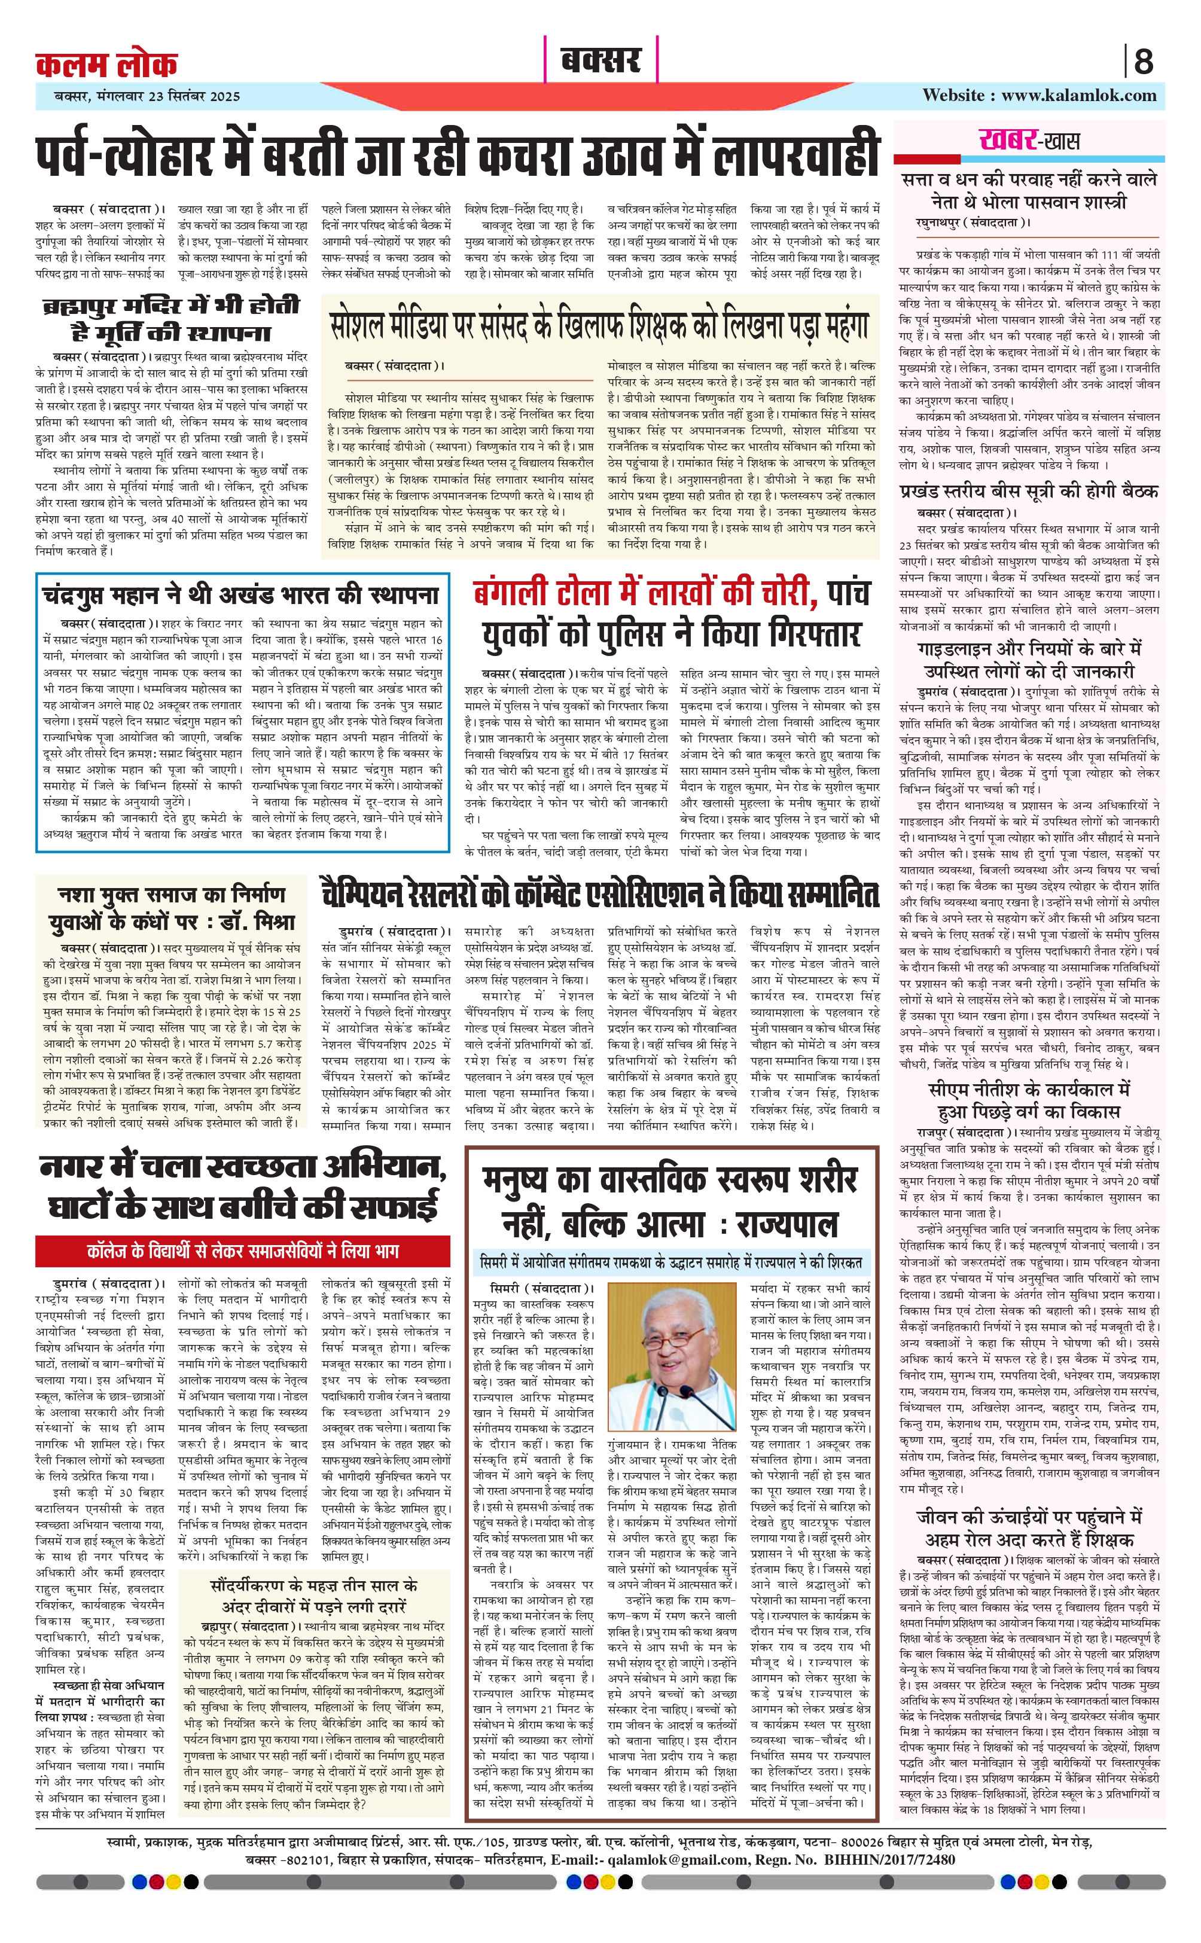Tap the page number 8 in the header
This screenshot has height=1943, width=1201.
click(x=1143, y=61)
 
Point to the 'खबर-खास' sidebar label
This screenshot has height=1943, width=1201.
click(x=1029, y=141)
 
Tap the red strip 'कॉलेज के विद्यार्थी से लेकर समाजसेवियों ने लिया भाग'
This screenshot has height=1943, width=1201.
click(x=242, y=1252)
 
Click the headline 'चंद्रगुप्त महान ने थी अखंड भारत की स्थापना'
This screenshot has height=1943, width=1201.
click(x=240, y=594)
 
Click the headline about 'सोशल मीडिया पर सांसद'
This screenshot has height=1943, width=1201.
click(x=600, y=325)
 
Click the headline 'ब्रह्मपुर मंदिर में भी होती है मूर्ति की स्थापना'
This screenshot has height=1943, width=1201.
click(x=171, y=318)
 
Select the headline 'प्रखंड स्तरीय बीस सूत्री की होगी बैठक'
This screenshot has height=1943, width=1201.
click(x=1029, y=491)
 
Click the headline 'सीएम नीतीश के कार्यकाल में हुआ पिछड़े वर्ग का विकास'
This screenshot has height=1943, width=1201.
click(x=1029, y=1100)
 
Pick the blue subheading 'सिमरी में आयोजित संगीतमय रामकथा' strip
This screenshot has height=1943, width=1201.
click(x=671, y=1262)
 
